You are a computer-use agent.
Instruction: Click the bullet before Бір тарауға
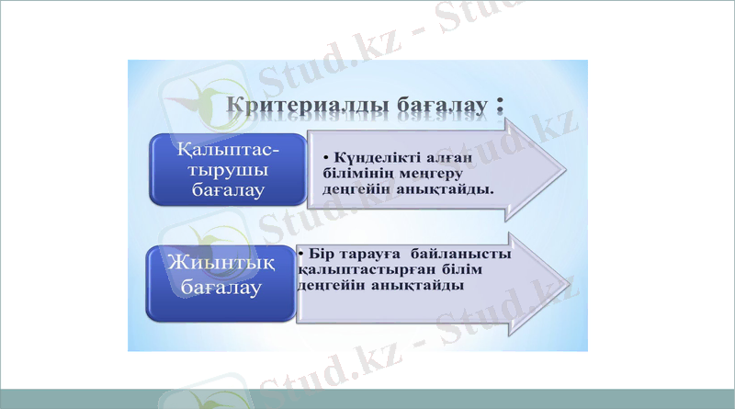click(x=302, y=253)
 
